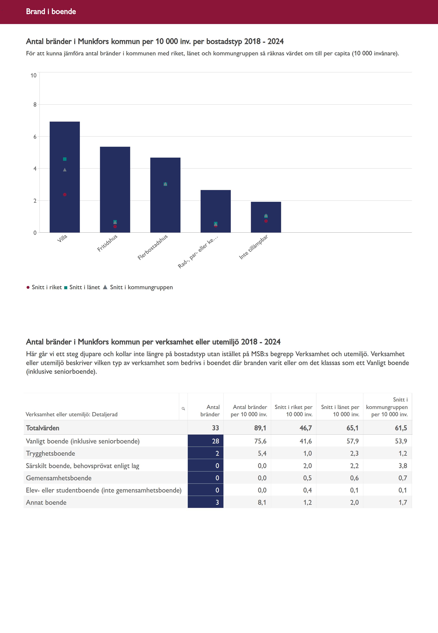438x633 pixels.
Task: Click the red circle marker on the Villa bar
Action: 65,194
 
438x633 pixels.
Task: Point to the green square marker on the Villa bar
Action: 65,159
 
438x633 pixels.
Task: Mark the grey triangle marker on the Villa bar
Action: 65,170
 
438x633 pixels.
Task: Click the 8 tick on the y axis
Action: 35,105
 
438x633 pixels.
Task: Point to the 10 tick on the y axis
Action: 33,75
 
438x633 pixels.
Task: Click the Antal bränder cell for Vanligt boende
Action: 205,441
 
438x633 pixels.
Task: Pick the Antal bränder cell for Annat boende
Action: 205,502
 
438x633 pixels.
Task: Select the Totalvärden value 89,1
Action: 260,428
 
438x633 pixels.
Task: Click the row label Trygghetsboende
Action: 50,454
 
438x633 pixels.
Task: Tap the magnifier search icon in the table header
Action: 183,409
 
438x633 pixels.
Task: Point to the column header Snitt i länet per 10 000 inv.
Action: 340,411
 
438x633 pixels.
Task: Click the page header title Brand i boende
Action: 51,11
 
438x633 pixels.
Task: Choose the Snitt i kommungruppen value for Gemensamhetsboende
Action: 403,478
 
